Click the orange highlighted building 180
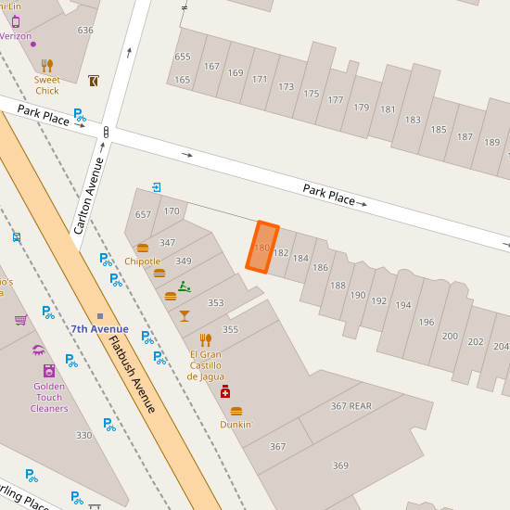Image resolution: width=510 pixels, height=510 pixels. pos(261,248)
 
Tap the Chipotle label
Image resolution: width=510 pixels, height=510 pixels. pos(142,261)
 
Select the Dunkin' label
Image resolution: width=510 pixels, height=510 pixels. pos(236,425)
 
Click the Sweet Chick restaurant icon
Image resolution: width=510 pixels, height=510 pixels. pos(47,66)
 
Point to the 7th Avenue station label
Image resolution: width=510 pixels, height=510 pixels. pos(100,329)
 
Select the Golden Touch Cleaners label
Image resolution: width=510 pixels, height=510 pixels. pos(49,398)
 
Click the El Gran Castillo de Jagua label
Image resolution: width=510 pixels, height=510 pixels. pos(205,365)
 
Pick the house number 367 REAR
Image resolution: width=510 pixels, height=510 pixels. pos(351,406)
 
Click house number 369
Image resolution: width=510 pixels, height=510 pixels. pos(340,465)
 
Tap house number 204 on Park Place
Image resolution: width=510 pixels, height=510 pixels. pos(501,346)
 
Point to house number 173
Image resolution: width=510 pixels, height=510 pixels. pos(286,87)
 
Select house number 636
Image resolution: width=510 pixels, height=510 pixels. pos(85,31)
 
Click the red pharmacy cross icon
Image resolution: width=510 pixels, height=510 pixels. pos(225,392)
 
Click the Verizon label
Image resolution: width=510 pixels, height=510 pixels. pos(15,36)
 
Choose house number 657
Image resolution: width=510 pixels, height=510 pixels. pos(143,214)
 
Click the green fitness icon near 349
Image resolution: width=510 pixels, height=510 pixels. pos(185,286)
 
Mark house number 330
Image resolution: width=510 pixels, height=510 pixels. pos(83,435)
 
